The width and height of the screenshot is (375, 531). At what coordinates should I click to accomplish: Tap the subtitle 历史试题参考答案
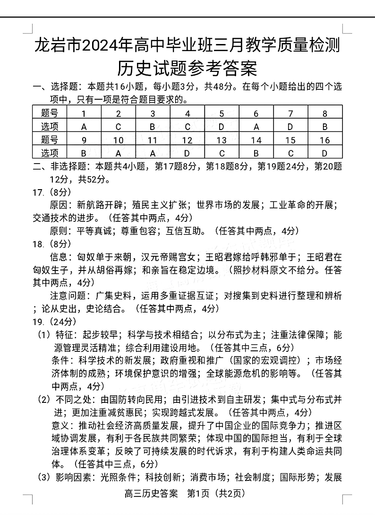187,69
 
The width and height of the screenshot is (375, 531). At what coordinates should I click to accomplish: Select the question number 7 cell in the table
290,113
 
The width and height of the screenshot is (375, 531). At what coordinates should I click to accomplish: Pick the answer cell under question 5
222,127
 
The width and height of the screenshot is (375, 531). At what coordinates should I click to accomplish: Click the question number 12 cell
187,140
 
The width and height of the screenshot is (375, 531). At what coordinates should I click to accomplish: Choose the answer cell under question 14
256,153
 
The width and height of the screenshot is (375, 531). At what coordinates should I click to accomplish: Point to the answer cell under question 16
324,153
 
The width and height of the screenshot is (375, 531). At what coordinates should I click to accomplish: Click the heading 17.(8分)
52,192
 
